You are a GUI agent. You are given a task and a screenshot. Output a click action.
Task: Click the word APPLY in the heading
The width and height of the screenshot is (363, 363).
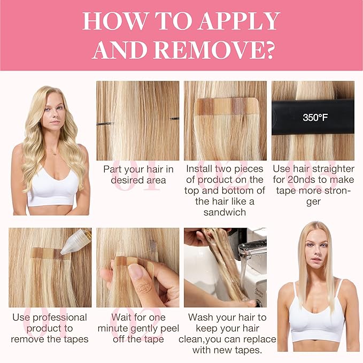click(x=239, y=21)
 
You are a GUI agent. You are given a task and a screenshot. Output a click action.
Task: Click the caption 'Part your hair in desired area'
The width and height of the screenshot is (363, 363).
click(x=138, y=175)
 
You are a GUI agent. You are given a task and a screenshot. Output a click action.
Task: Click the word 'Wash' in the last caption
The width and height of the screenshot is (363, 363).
click(x=203, y=318)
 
